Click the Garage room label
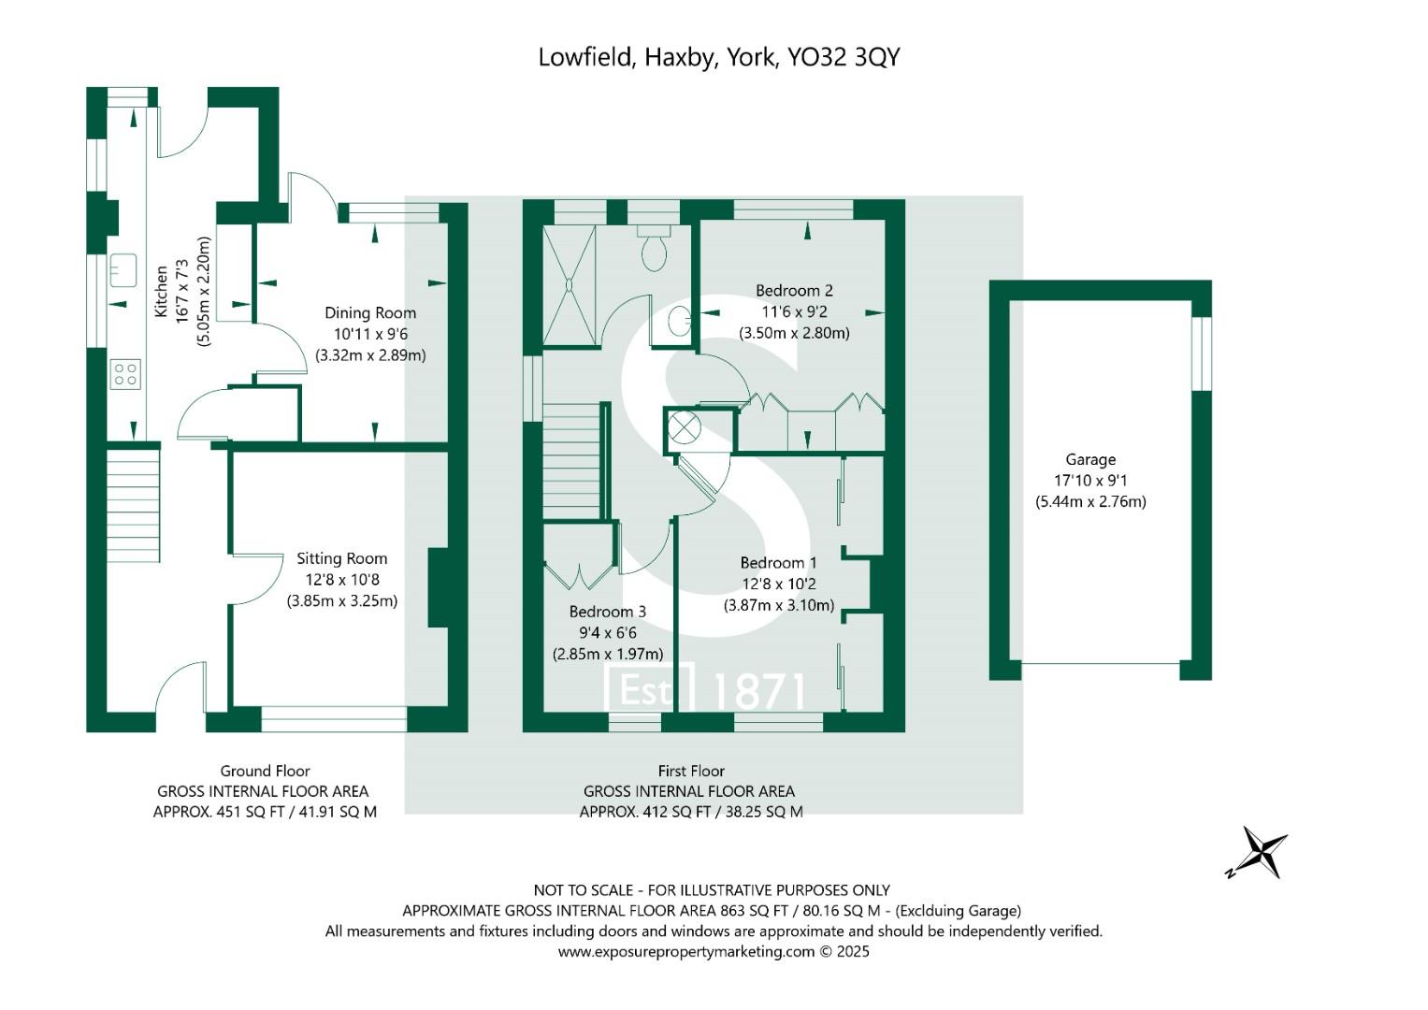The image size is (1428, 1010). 1090,459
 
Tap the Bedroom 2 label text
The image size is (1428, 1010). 794,291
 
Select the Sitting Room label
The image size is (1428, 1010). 341,558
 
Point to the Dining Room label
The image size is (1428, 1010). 370,313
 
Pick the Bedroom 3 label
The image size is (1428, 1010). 607,612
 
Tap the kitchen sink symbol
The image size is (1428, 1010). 123,269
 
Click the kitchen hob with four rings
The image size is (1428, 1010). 125,374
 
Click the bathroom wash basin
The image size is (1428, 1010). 680,322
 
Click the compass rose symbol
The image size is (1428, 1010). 1259,853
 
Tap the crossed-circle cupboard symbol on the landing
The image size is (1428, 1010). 684,428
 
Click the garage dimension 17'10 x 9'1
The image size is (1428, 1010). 1090,481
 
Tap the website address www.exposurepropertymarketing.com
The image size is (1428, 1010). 686,952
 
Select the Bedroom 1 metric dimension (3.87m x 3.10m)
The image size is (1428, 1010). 779,605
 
